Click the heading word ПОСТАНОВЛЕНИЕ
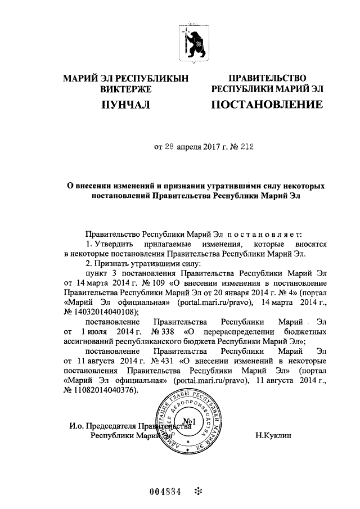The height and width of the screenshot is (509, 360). (267, 105)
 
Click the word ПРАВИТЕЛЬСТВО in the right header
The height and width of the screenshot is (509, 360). (267, 78)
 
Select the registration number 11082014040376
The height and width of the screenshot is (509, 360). (104, 390)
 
